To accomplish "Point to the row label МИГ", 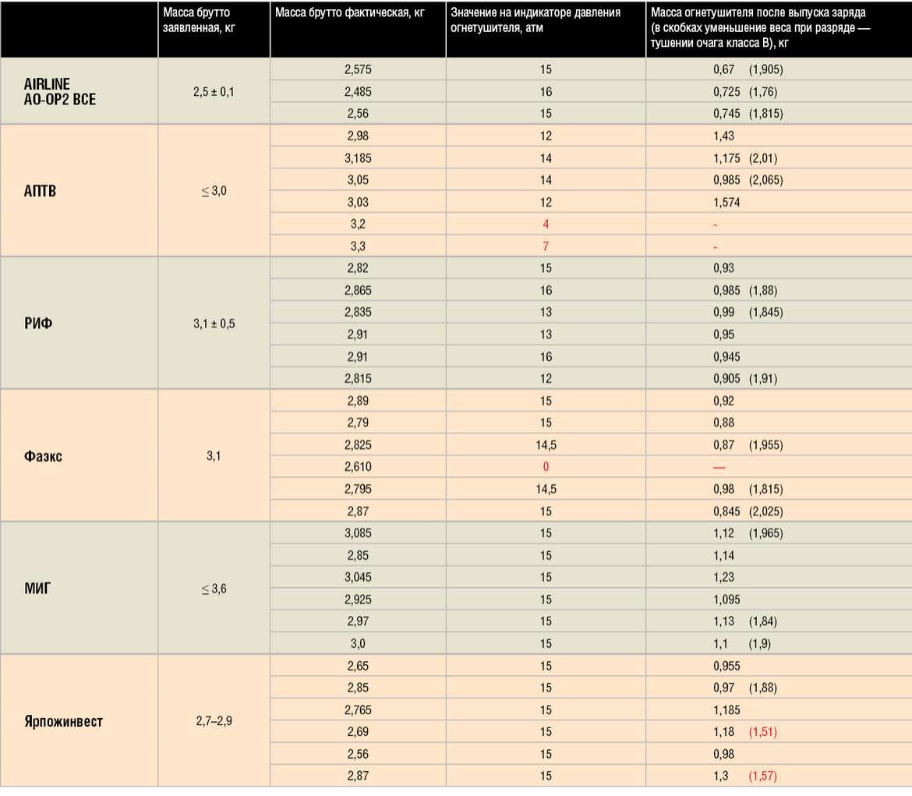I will pos(37,589).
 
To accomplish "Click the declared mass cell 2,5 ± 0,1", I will pos(214,91).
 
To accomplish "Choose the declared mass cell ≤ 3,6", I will pos(214,589).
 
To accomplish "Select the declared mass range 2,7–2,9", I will pos(214,721).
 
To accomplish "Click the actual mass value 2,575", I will pos(358,69).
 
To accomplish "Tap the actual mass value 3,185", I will pos(358,158).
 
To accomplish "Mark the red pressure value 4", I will pos(545,225).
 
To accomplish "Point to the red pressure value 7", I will pos(545,246).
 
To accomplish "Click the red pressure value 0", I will pos(545,467).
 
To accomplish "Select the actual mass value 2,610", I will pos(358,467).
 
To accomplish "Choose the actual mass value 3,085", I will pos(358,533).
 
